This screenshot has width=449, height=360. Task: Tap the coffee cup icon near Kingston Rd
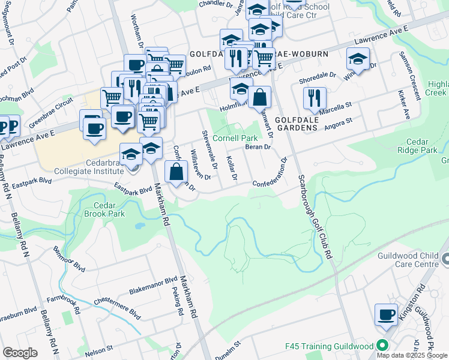[386, 314]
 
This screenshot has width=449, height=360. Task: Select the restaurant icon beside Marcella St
[315, 97]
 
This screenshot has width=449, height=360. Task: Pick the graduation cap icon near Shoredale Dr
[358, 59]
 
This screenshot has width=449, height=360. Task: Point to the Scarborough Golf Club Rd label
[315, 207]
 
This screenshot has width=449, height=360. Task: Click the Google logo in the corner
[20, 353]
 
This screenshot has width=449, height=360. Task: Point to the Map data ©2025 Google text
[412, 355]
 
